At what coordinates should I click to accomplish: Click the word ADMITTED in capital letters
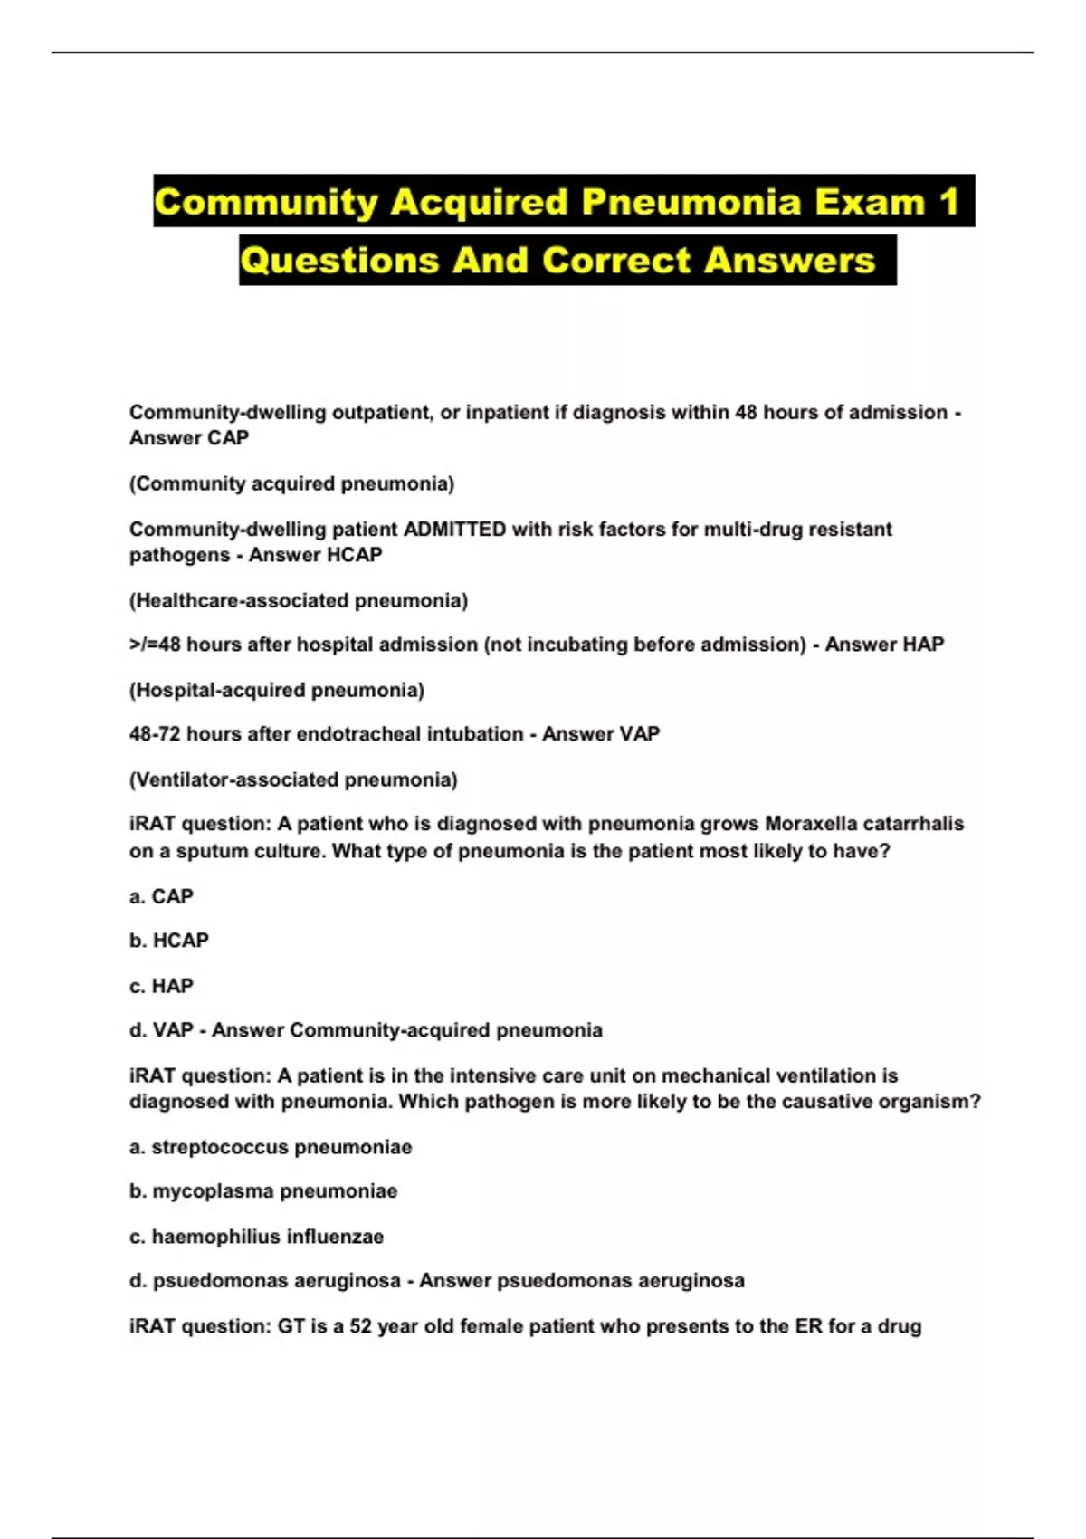(x=454, y=529)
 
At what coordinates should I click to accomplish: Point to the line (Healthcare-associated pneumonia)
(x=299, y=600)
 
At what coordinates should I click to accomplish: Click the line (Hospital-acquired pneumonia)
(x=277, y=690)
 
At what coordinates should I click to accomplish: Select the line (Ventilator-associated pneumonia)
(x=293, y=779)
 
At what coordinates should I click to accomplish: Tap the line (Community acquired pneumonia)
(x=291, y=483)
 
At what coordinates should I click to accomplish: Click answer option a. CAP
(x=161, y=896)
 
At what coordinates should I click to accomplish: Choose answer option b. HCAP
(x=169, y=941)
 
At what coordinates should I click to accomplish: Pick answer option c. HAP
(x=161, y=986)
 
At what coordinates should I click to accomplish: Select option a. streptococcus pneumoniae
(x=271, y=1147)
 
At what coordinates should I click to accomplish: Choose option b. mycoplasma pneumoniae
(x=263, y=1191)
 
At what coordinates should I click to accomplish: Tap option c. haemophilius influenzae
(x=257, y=1237)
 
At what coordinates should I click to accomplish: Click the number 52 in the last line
(x=361, y=1326)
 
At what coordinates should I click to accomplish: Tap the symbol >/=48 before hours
(x=155, y=645)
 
